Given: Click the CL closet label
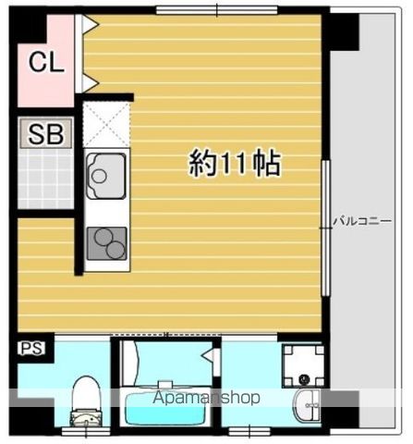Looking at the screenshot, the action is [46, 62].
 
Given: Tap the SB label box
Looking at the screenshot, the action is [46, 133].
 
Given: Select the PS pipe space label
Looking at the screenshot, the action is [32, 349].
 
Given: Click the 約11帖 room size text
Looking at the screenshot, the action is [235, 164].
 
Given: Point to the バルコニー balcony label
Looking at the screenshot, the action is [362, 221].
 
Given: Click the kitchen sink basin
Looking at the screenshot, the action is [106, 176].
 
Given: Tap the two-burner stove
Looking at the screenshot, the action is [107, 243].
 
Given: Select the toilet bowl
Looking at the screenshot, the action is [85, 401].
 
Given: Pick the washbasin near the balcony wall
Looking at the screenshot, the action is [307, 405].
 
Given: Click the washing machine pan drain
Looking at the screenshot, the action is [305, 378].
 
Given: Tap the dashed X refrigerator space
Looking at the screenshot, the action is [106, 124].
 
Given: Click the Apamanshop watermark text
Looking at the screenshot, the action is [207, 397].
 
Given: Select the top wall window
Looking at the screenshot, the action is [217, 10].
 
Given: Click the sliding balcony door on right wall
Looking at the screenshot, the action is [325, 228].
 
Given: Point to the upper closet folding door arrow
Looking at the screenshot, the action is [91, 24].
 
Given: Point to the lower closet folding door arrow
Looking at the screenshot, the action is [91, 83].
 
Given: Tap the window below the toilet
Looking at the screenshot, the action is [86, 431].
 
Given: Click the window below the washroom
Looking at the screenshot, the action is [249, 431].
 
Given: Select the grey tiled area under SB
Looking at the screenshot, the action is [45, 179].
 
